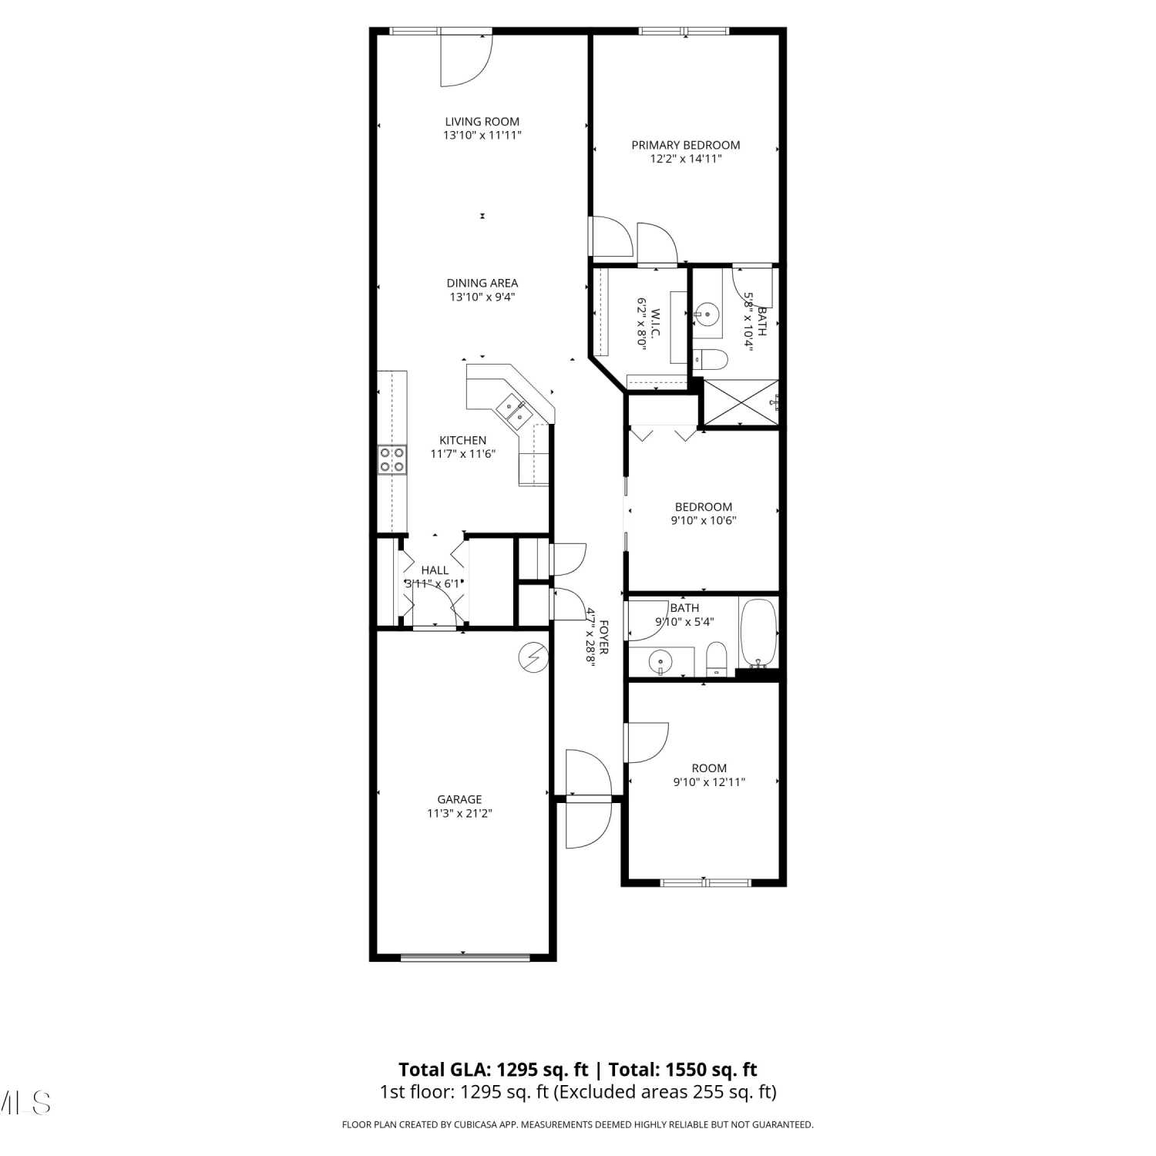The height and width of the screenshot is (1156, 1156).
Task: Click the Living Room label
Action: click(x=482, y=122)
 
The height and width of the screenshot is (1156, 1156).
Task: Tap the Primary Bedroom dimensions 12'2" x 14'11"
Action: click(x=686, y=159)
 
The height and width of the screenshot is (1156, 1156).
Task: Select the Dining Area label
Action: click(x=482, y=283)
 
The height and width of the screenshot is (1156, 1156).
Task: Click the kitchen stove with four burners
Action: click(x=391, y=460)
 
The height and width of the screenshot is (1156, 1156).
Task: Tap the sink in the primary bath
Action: click(x=706, y=314)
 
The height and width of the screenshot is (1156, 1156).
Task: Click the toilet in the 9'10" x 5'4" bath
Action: click(x=717, y=659)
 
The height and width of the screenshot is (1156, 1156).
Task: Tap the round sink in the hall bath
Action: click(x=660, y=662)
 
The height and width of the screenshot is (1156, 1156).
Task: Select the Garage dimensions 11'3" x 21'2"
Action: click(x=460, y=813)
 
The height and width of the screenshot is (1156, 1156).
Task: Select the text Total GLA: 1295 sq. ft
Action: click(x=493, y=1070)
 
